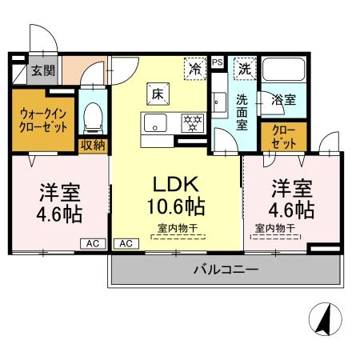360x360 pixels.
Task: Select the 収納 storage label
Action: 93,145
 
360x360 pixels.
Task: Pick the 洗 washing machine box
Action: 244,69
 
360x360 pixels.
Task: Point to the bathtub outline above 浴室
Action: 286,72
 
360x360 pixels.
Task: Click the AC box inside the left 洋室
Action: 92,243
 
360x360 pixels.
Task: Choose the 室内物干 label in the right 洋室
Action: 274,228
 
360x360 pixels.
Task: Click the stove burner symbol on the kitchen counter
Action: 192,122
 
